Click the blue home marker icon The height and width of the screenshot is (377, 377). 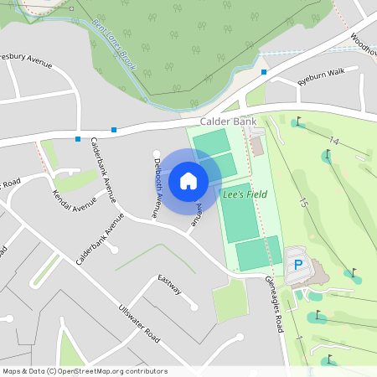tap(188, 180)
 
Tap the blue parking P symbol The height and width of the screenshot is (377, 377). tap(297, 265)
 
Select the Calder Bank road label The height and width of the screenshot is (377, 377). tap(228, 121)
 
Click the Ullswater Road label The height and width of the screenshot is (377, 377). tap(139, 323)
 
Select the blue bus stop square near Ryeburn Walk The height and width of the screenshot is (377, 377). tap(264, 72)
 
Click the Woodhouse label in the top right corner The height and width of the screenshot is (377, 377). tap(362, 42)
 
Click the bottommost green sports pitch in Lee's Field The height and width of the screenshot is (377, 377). tap(258, 254)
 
